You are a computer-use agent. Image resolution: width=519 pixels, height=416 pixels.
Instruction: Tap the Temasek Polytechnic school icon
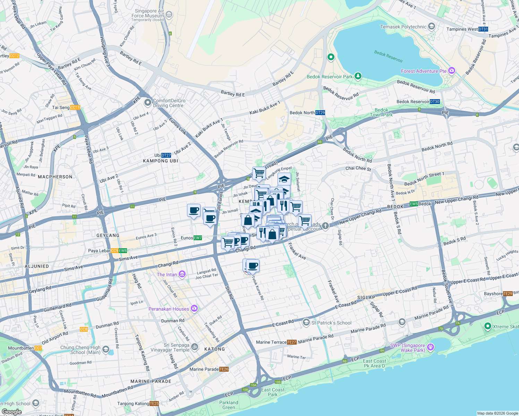coord(432,26)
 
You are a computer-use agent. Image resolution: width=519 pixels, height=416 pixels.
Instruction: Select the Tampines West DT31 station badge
coord(483,29)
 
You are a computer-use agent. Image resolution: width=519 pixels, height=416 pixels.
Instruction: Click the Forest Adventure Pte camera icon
coord(451,71)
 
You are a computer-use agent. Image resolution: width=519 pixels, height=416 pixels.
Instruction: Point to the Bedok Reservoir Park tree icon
coord(358,76)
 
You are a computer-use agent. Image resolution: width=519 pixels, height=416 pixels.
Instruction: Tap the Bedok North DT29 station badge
coord(320,113)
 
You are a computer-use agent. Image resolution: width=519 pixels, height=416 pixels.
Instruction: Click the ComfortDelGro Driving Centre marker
coord(148,102)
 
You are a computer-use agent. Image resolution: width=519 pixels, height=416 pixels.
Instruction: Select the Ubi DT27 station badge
coord(166,155)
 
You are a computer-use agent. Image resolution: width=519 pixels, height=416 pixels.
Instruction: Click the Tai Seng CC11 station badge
coord(75,107)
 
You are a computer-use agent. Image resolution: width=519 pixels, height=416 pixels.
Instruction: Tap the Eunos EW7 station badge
coord(198,238)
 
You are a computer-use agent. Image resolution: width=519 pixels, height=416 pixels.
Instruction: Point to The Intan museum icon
coord(182,275)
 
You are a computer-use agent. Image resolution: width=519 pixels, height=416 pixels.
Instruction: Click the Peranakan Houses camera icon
coord(194,308)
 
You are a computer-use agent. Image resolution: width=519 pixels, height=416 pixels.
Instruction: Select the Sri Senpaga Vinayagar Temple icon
coord(195,346)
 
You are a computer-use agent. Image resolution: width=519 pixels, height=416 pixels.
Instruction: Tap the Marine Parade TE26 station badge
coord(224,369)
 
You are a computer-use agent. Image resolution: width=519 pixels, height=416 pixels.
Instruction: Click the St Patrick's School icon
coord(306,323)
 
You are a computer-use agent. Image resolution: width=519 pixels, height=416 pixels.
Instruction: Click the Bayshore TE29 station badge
coord(508,294)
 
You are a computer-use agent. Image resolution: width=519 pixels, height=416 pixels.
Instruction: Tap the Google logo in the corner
coord(11,411)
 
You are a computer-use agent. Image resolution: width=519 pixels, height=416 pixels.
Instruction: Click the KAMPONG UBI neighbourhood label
coord(160,161)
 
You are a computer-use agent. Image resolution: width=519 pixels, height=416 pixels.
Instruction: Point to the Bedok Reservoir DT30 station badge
coord(435,102)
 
